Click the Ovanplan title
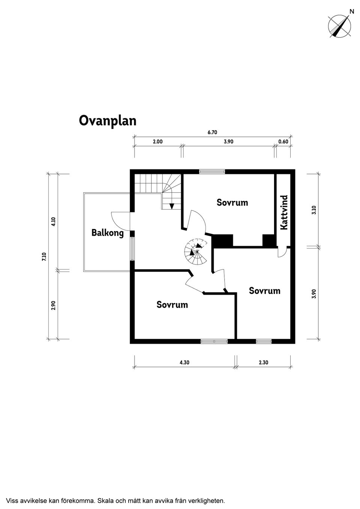coord(107,121)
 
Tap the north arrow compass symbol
coord(339,26)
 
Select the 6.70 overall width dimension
coord(212,132)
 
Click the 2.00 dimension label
coord(157,142)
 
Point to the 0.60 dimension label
coord(283,142)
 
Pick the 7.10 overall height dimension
coord(44,257)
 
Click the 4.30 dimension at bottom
coord(184,362)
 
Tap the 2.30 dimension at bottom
coord(263,362)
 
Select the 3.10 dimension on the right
coord(314,210)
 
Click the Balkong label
coord(107,233)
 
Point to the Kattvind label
coord(284,212)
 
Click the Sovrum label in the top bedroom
coord(232,203)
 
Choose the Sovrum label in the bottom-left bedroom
coord(172,305)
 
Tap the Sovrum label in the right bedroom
coord(264,291)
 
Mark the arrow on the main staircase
coord(172,206)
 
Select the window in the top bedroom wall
coord(212,172)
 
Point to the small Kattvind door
coord(281,252)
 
